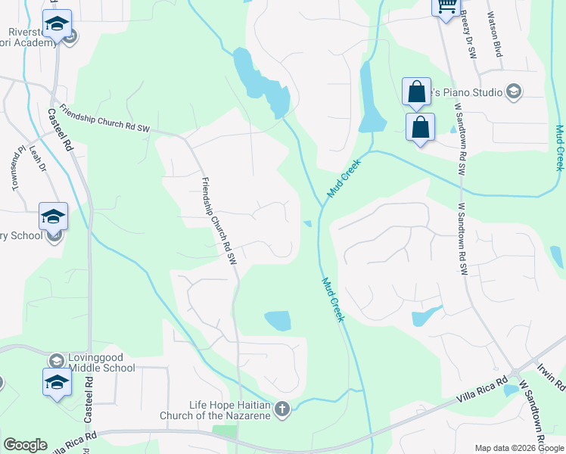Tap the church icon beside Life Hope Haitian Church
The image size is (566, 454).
click(x=281, y=409)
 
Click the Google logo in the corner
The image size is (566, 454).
click(x=25, y=445)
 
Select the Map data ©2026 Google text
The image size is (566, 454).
click(x=518, y=448)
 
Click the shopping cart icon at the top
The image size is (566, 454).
click(x=446, y=5)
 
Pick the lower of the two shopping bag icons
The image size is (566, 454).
click(x=420, y=127)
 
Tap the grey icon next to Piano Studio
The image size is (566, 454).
click(x=514, y=92)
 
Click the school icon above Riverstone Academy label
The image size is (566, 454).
click(x=57, y=24)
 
